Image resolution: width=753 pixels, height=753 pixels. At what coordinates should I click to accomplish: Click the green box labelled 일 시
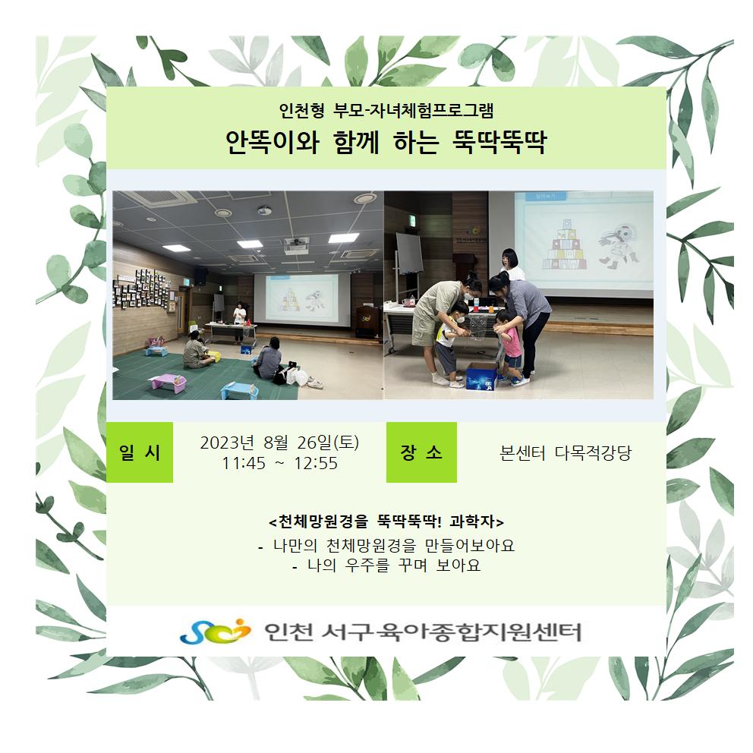coord(139,452)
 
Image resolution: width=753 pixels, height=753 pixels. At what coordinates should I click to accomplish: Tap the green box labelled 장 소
coord(421,452)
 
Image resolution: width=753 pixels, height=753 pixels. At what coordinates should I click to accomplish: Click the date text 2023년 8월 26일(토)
coord(279,443)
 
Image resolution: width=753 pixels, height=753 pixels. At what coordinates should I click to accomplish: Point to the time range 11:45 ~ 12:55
coord(279,464)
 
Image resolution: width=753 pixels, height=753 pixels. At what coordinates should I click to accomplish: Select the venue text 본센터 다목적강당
coord(566,453)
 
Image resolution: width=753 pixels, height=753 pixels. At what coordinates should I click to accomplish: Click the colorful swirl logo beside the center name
coord(215,631)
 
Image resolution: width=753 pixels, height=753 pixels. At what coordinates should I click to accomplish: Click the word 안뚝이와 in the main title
coord(273,142)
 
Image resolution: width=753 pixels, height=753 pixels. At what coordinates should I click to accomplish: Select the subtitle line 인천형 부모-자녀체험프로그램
coord(386,111)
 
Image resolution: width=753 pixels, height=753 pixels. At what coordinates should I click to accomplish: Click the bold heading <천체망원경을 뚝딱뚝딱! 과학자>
coord(386,521)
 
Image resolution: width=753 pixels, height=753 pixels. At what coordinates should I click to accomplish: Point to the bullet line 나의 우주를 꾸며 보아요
coord(386,566)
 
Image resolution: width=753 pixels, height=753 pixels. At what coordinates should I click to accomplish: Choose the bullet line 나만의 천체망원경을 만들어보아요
coord(386,545)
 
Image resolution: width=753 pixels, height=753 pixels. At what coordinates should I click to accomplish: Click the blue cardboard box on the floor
coord(482,376)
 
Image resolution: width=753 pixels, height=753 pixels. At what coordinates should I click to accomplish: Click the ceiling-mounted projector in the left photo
coord(296,245)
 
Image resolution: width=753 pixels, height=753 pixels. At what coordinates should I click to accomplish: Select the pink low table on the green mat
coord(168,383)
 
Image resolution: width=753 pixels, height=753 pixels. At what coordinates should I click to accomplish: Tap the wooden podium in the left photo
coord(365,320)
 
